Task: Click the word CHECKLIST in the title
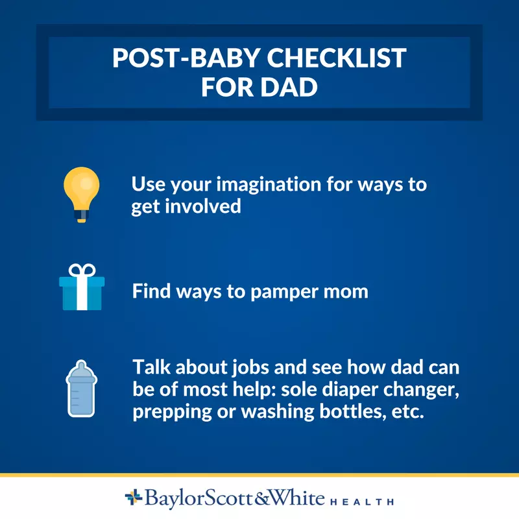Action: tap(336, 58)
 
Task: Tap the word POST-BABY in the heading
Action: tap(186, 58)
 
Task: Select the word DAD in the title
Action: tap(289, 87)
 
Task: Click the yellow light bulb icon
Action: tap(82, 194)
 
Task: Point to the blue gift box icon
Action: tap(82, 287)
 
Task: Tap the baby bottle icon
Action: tap(82, 389)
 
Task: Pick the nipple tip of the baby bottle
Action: tap(82, 362)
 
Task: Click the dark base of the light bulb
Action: tap(82, 216)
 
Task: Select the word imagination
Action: tap(269, 185)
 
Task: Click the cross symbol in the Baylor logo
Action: tap(134, 497)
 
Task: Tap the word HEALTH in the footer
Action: tap(362, 501)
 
